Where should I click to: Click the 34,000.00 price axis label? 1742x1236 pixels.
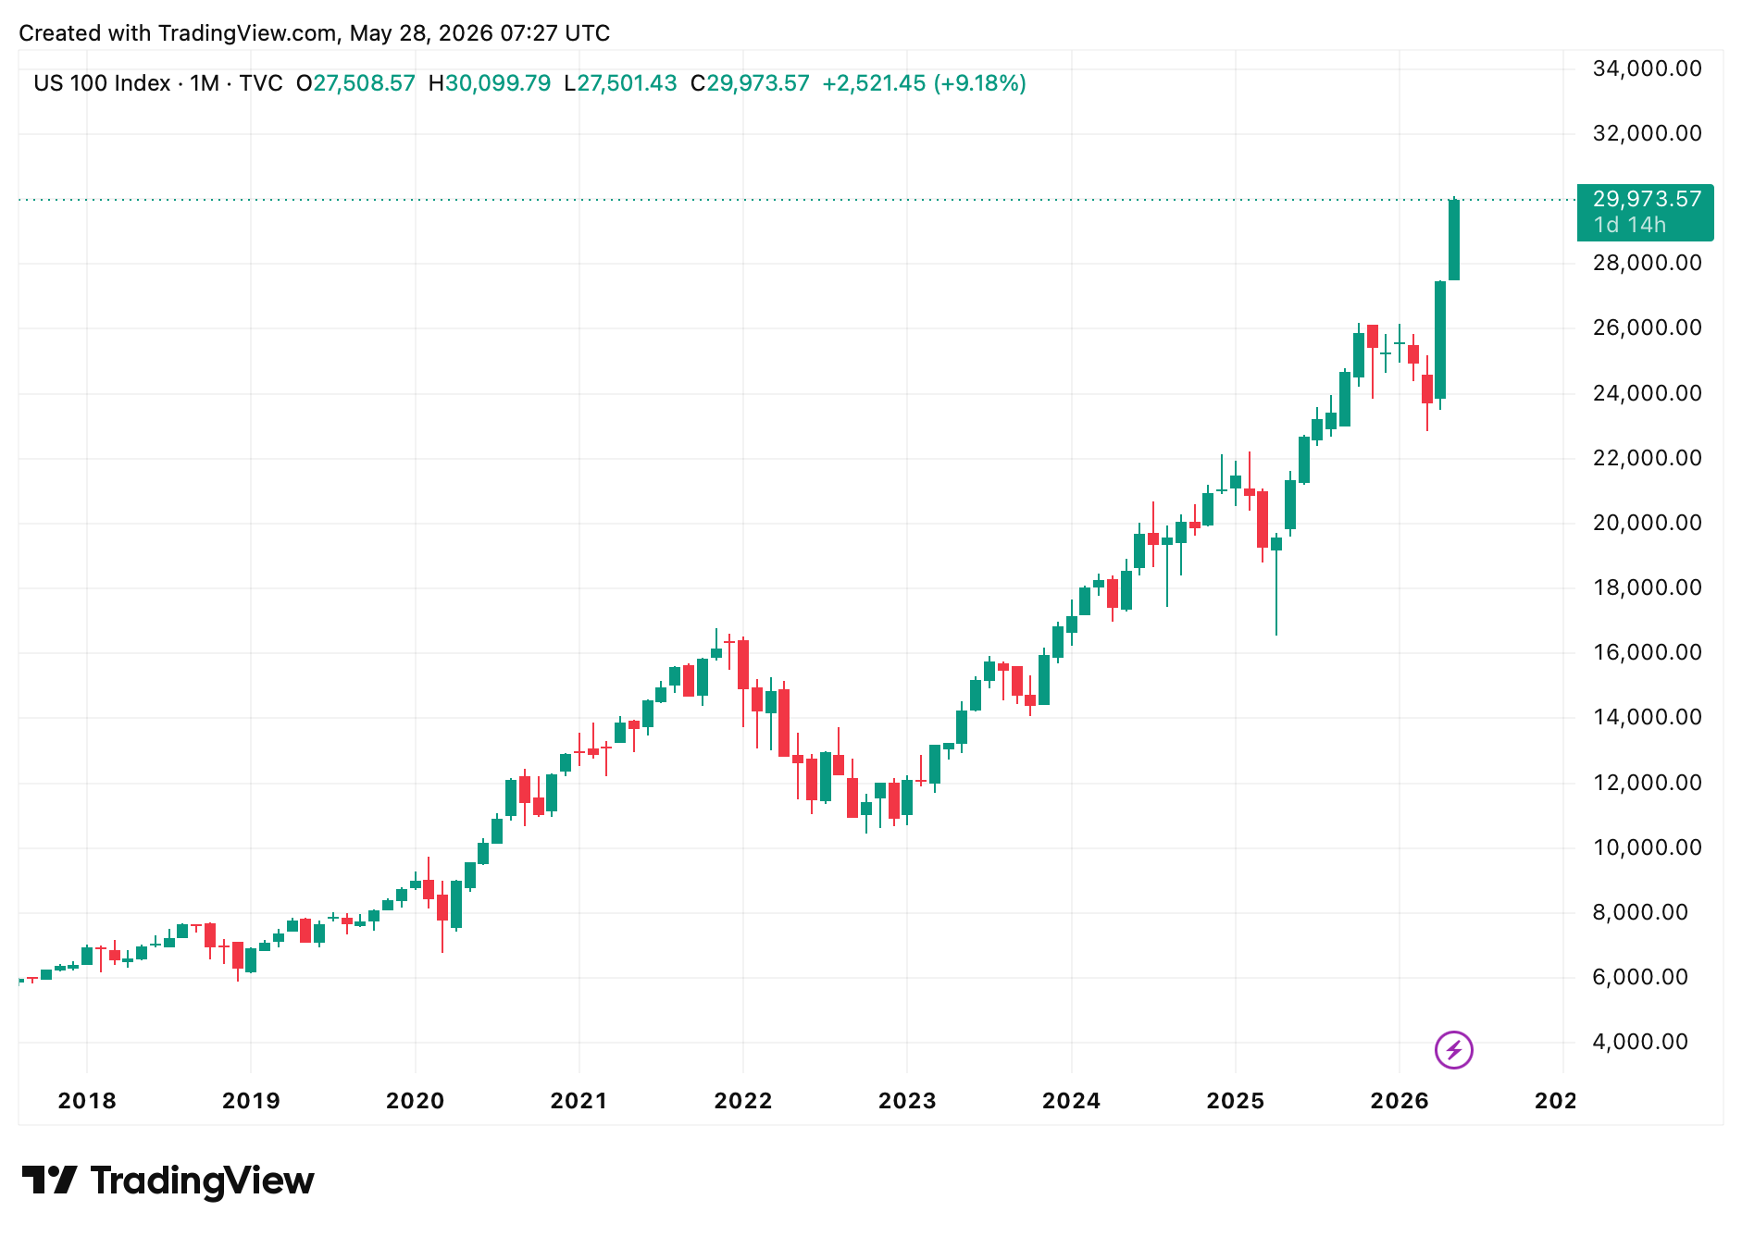coord(1647,68)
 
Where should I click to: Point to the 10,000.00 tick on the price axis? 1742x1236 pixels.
coord(1647,847)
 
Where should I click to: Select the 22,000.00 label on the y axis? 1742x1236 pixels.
coord(1647,458)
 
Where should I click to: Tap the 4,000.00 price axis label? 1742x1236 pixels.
coord(1640,1042)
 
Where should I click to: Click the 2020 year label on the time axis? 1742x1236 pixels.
coord(415,1101)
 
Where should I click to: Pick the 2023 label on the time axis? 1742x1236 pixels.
coord(907,1101)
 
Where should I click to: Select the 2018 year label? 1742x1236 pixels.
coord(87,1101)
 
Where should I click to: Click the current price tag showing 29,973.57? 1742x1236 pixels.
coord(1646,212)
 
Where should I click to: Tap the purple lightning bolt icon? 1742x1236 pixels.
coord(1453,1050)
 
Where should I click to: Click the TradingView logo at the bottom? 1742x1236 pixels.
coord(168,1181)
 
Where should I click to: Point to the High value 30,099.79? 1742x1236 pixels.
coord(498,83)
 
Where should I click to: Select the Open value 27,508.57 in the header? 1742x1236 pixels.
coord(364,83)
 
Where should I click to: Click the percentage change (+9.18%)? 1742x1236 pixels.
coord(979,83)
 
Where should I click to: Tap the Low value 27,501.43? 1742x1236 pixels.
coord(628,83)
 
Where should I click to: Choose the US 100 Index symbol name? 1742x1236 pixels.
coord(102,83)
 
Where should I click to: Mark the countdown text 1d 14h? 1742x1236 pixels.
coord(1629,225)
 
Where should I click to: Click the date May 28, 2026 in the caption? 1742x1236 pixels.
coord(421,33)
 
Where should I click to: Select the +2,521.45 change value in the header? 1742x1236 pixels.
coord(874,83)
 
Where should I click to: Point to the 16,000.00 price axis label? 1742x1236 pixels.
coord(1647,652)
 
